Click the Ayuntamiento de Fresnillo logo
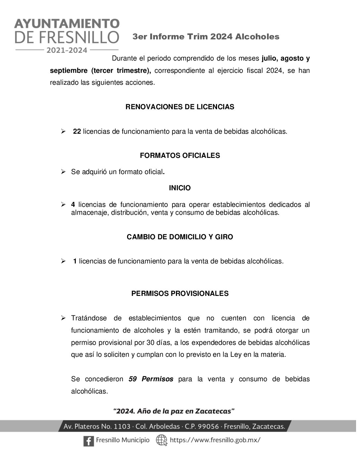(67, 35)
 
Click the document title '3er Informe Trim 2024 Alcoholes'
(206, 37)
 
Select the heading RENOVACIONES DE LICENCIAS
(180, 107)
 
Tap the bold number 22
(77, 131)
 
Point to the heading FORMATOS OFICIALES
(180, 156)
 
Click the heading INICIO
(180, 188)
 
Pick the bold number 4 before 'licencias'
(73, 205)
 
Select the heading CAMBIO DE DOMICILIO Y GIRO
(180, 237)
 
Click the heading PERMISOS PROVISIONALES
(180, 294)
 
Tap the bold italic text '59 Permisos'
(151, 379)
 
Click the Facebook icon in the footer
(88, 441)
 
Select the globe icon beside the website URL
(161, 441)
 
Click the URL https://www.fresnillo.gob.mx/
(215, 440)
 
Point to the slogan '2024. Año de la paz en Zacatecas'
(174, 411)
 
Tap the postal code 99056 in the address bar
(208, 426)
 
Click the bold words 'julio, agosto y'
(286, 59)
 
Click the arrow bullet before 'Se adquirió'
(63, 172)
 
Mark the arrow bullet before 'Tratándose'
(63, 318)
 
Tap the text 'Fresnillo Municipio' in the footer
(122, 440)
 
